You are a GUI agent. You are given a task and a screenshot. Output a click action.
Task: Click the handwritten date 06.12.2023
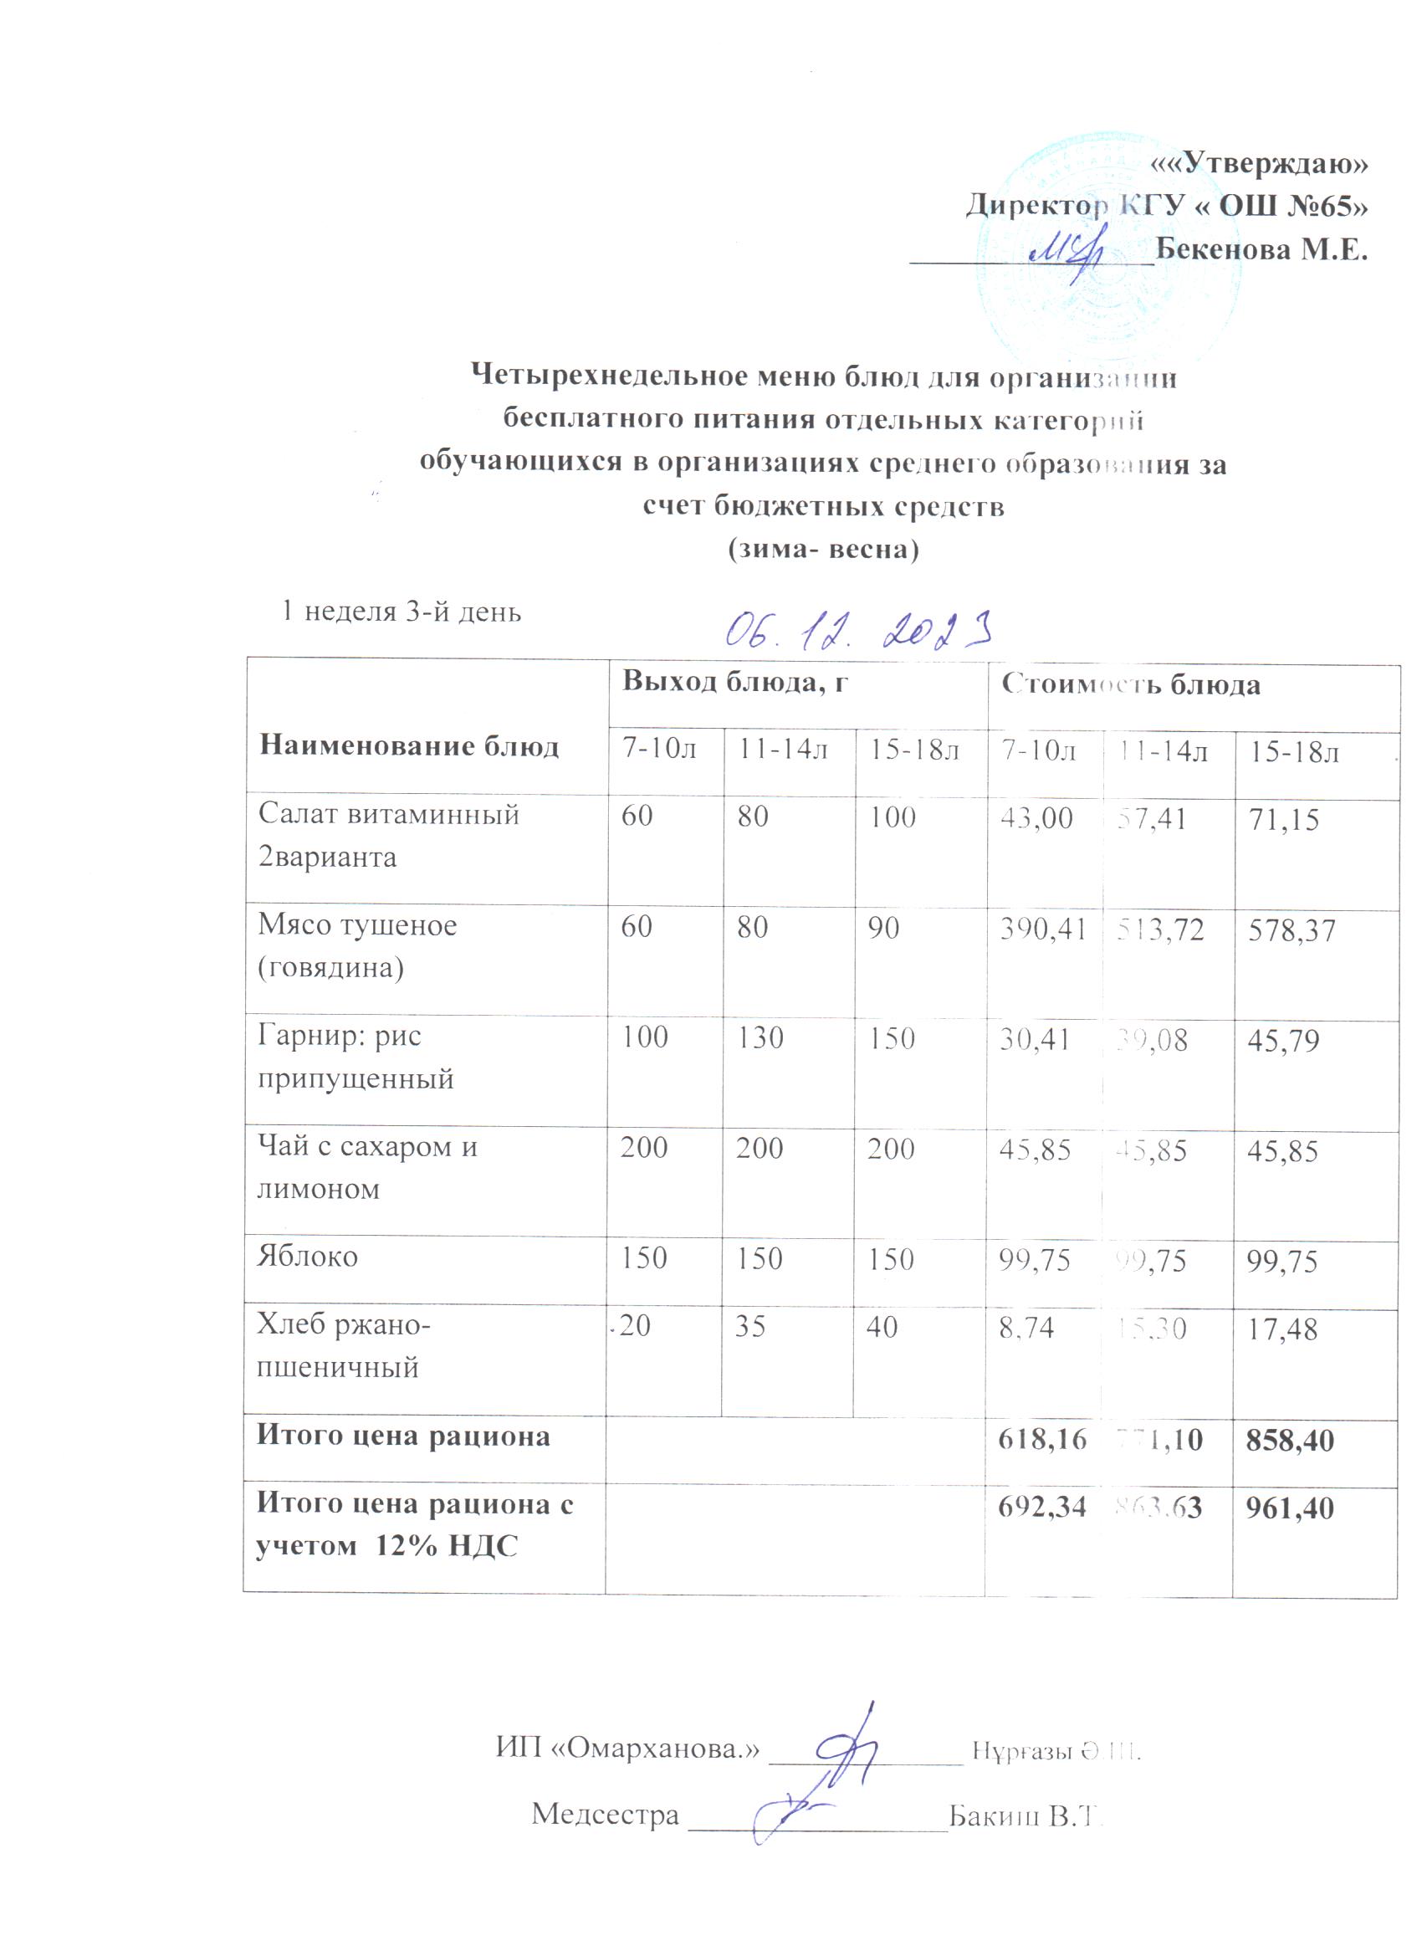(857, 632)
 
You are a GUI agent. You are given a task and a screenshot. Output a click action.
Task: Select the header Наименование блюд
(409, 746)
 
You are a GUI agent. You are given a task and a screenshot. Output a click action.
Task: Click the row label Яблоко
(307, 1257)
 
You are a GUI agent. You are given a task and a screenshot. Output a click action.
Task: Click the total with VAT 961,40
(1290, 1508)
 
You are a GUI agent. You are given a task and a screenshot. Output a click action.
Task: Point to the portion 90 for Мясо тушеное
(884, 927)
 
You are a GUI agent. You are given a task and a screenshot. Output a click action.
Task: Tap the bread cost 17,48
(1282, 1329)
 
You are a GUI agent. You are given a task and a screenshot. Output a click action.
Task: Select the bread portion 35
(750, 1326)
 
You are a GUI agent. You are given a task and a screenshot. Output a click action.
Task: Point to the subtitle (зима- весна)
(824, 550)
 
